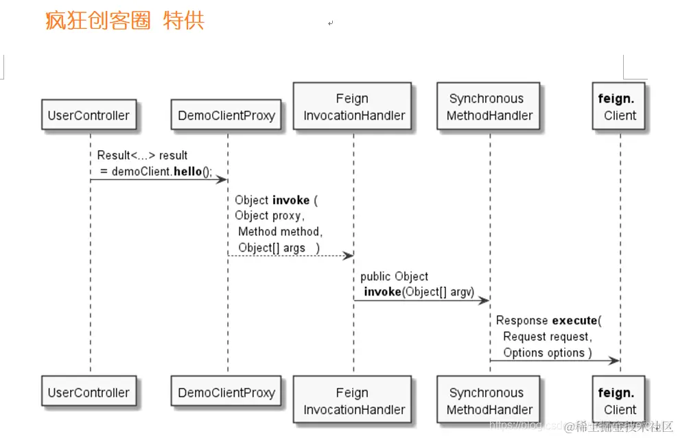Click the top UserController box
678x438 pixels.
[89, 115]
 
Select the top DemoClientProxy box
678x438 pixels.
[226, 115]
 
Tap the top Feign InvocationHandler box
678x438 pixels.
[353, 107]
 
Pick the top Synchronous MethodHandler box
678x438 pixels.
[489, 107]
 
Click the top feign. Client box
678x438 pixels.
[619, 107]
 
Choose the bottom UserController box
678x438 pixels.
[89, 393]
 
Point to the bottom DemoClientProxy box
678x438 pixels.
[226, 393]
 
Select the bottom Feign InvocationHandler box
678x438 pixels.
[353, 401]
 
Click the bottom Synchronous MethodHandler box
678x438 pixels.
[489, 401]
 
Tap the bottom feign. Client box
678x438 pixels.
[619, 401]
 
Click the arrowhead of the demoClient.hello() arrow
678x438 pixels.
[222, 180]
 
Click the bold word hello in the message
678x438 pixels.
[187, 171]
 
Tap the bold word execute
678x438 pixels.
[574, 320]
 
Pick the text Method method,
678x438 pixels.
[280, 232]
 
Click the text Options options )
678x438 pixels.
[547, 352]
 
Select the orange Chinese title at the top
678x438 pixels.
[125, 21]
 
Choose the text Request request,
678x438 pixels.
[547, 337]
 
